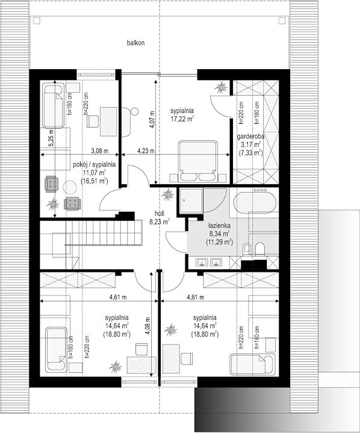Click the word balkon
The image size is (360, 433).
[x=136, y=43]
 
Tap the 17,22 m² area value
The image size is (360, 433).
[x=182, y=118]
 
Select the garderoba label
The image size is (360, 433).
[x=250, y=136]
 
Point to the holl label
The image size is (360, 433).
[x=160, y=213]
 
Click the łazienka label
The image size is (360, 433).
[x=219, y=226]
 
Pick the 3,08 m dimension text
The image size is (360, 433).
[x=99, y=151]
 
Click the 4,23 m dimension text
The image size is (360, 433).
[x=146, y=151]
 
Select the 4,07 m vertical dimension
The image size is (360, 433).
[x=152, y=119]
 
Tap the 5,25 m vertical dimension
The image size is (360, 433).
[x=51, y=138]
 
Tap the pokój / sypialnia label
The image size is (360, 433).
[x=95, y=165]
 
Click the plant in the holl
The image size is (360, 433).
[x=167, y=195]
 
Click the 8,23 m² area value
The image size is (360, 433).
[x=160, y=221]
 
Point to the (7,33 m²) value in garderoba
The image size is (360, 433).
[x=250, y=152]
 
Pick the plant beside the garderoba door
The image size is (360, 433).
[x=222, y=88]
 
